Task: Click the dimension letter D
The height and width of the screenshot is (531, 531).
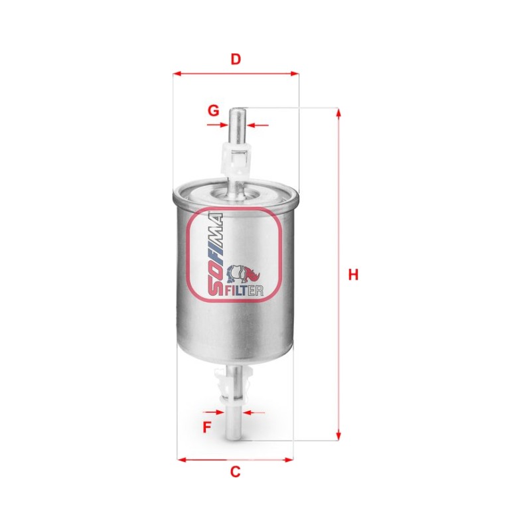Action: [x=236, y=59]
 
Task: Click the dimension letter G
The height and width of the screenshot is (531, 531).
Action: [x=213, y=111]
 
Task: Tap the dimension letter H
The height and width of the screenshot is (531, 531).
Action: [x=353, y=275]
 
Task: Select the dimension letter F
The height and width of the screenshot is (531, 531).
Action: [x=206, y=427]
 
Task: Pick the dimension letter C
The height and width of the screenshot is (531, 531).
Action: [x=235, y=471]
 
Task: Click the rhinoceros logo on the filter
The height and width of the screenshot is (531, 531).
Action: [x=244, y=273]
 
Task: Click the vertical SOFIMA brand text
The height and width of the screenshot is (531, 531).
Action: [x=214, y=254]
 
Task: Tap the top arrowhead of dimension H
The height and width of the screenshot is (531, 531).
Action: [x=338, y=112]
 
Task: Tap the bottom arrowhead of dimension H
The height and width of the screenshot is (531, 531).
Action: [x=338, y=436]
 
